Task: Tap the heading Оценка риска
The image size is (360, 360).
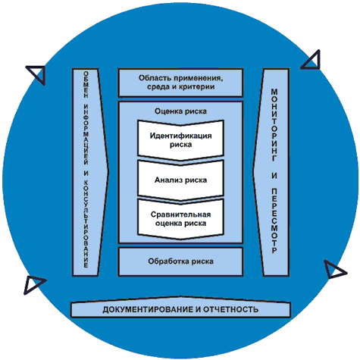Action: (x=180, y=111)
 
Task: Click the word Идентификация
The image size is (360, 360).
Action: (x=180, y=136)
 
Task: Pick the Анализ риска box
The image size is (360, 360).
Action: (x=180, y=180)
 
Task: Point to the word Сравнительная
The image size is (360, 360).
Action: (x=180, y=214)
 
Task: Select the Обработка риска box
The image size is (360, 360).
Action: (x=180, y=261)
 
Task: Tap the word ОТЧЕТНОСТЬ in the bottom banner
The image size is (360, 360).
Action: (x=231, y=309)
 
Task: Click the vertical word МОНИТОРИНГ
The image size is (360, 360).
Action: (x=274, y=125)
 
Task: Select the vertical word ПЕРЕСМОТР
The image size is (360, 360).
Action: (x=274, y=221)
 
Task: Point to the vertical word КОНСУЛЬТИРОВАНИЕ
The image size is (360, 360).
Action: (x=86, y=224)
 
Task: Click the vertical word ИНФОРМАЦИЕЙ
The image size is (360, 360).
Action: (x=86, y=135)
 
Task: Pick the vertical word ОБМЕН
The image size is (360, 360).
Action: (x=86, y=84)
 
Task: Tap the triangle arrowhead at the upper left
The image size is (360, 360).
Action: (x=38, y=74)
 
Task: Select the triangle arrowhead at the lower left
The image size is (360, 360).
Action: (x=33, y=284)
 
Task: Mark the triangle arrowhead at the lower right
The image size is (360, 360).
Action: (x=333, y=270)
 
